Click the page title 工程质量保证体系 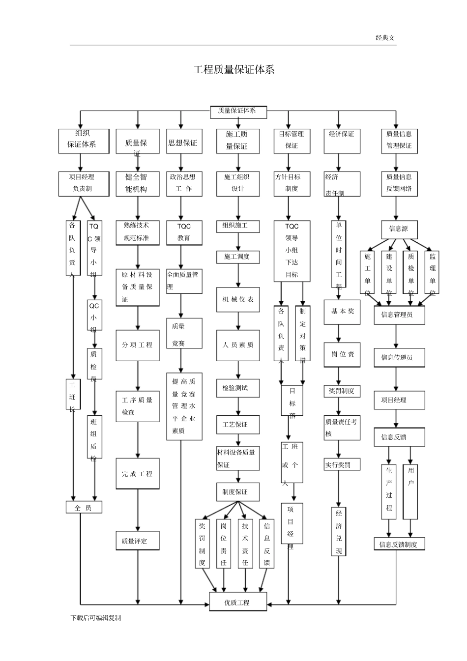pyautogui.click(x=233, y=69)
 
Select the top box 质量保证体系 pyautogui.click(x=238, y=111)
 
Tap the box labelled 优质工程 pyautogui.click(x=237, y=602)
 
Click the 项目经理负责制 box pyautogui.click(x=82, y=183)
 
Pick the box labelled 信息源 pyautogui.click(x=399, y=229)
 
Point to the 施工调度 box pyautogui.click(x=238, y=257)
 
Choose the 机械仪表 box pyautogui.click(x=238, y=300)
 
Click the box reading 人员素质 pyautogui.click(x=238, y=345)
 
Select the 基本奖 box pyautogui.click(x=342, y=312)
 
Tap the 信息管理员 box pyautogui.click(x=399, y=315)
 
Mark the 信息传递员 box pyautogui.click(x=399, y=357)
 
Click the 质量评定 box pyautogui.click(x=137, y=541)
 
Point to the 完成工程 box pyautogui.click(x=137, y=474)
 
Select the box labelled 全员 pyautogui.click(x=84, y=508)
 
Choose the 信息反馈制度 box pyautogui.click(x=399, y=544)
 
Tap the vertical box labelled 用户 pyautogui.click(x=410, y=491)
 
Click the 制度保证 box pyautogui.click(x=238, y=492)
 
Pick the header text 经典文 pyautogui.click(x=385, y=37)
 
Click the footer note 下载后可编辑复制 pyautogui.click(x=96, y=618)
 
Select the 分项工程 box pyautogui.click(x=137, y=345)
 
